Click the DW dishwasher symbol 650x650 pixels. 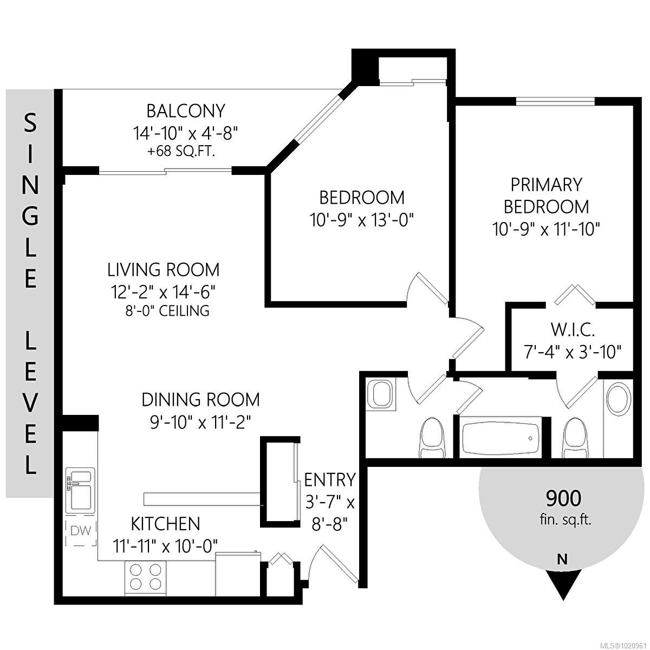click(x=81, y=533)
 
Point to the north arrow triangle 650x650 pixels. click(x=563, y=585)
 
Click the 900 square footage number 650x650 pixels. click(x=563, y=497)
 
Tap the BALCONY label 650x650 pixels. click(x=185, y=111)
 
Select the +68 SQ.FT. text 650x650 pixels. click(x=181, y=152)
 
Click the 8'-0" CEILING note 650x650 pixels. click(x=166, y=311)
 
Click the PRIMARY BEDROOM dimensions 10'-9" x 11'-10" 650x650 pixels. click(x=546, y=229)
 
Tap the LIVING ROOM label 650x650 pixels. click(x=163, y=269)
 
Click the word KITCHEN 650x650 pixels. click(x=165, y=524)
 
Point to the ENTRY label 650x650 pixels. click(x=329, y=480)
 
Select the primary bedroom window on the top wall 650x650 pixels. click(x=555, y=101)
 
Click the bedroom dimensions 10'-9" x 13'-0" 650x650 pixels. click(x=361, y=220)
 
